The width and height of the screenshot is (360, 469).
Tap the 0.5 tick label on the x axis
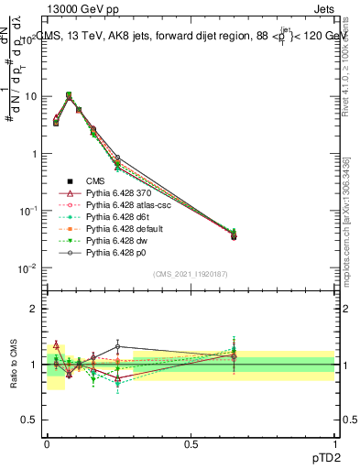coord(191,442)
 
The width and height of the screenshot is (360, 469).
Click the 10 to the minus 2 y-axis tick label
coord(27,268)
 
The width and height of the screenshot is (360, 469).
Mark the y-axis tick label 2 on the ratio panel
coord(33,309)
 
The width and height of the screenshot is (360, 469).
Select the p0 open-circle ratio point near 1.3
coord(118,346)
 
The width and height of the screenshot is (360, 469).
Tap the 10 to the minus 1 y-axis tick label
coord(27,211)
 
